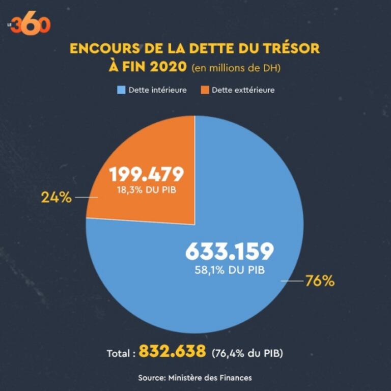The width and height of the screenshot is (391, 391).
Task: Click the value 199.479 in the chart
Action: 146,175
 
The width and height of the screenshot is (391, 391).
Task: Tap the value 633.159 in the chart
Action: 229,251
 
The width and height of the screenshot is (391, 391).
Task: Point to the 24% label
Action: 56,198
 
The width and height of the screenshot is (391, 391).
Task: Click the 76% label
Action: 320,281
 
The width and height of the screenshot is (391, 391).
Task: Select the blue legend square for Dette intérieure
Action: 121,90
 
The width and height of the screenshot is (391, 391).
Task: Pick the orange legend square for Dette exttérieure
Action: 204,90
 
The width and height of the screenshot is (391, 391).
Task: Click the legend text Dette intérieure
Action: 157,90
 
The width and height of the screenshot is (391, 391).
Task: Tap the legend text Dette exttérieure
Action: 243,90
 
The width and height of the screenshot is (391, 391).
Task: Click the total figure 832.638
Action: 173,351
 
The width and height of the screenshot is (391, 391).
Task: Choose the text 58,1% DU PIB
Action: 229,270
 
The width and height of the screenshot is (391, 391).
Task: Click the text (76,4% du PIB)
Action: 247,352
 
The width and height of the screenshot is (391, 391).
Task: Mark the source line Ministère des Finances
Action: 195,377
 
